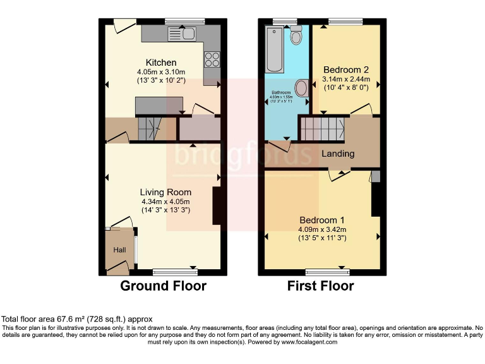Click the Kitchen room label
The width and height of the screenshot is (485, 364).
point(161,63)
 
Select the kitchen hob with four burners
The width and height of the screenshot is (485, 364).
point(212,59)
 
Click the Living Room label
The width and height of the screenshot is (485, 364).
point(165,192)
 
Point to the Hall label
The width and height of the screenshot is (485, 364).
point(119,250)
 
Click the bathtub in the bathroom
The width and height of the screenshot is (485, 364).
point(275,49)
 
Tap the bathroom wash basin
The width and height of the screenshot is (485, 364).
point(302,88)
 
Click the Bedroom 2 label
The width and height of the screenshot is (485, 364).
point(345,70)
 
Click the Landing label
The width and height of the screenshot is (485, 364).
point(338,154)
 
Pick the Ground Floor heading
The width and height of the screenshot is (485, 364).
point(163,286)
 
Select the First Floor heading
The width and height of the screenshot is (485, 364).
point(320,286)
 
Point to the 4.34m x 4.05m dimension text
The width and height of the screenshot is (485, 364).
point(165,202)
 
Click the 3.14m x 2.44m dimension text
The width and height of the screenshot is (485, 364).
point(345,79)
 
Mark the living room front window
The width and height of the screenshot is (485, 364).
point(175,272)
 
